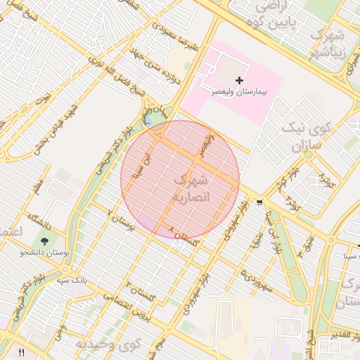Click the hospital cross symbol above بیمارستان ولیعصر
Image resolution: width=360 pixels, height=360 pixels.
pyautogui.click(x=239, y=81)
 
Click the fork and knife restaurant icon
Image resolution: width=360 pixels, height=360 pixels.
pyautogui.click(x=21, y=352)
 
